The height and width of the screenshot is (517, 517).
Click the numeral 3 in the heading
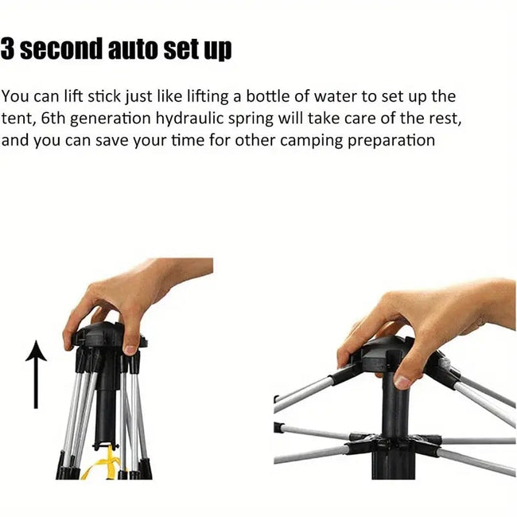[x=7, y=49]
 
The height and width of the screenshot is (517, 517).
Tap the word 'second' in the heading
[x=61, y=49]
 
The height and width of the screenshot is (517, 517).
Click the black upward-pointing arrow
[x=37, y=375]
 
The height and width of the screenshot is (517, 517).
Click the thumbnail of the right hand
[x=402, y=383]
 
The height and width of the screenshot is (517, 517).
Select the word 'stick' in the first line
[x=104, y=96]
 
